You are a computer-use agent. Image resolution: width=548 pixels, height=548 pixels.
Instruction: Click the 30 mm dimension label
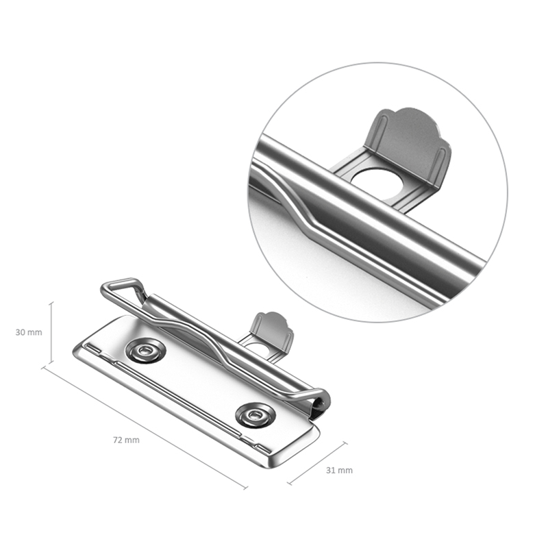pos(29,332)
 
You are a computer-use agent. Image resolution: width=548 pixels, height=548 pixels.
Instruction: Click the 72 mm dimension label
pos(126,440)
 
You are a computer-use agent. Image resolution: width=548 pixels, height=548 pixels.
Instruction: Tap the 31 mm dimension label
pos(339,471)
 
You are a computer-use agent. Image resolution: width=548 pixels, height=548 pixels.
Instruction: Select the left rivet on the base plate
pos(145,351)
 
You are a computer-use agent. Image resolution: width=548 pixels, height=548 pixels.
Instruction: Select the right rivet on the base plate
pos(255,415)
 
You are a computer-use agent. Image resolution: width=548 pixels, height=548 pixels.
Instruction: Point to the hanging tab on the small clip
pos(271,331)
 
